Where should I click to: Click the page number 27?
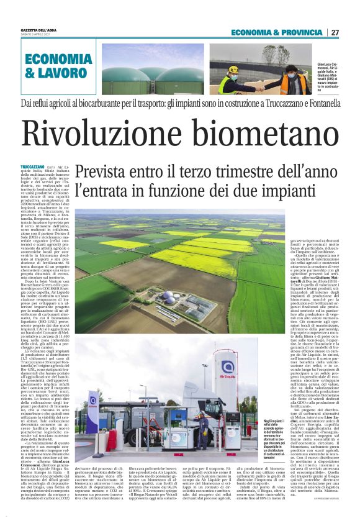pos(335,32)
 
